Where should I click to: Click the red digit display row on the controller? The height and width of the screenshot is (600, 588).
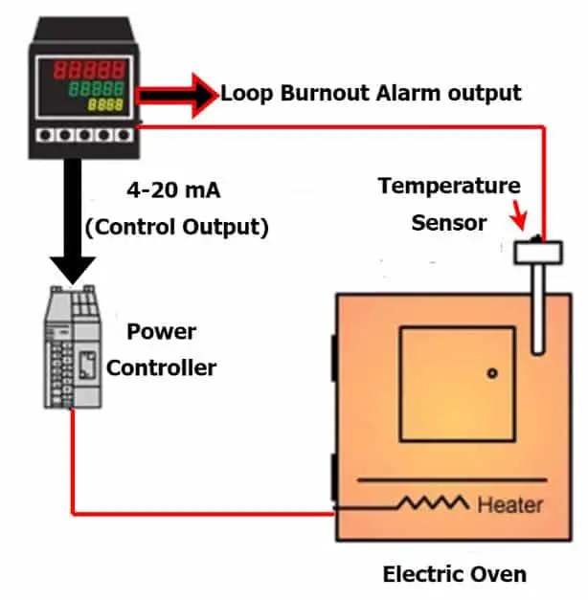click(x=89, y=70)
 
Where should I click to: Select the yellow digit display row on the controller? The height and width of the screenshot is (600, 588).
click(x=106, y=104)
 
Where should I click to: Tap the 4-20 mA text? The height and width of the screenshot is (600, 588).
click(x=173, y=190)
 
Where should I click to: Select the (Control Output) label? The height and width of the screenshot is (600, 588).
click(x=177, y=228)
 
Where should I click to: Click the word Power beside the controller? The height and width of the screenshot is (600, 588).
click(x=162, y=332)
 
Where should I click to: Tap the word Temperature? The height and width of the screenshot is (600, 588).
click(x=449, y=186)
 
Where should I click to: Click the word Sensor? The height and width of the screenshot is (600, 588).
click(x=449, y=223)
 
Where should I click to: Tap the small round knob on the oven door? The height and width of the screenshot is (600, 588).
click(x=489, y=373)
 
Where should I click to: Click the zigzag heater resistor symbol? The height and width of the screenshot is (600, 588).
click(x=433, y=502)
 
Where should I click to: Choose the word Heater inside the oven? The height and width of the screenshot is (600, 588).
click(x=509, y=504)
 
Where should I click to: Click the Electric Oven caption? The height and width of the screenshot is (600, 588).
click(x=454, y=574)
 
